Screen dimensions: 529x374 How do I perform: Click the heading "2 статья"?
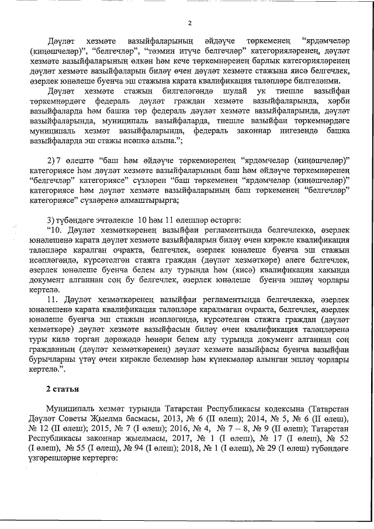[65, 389]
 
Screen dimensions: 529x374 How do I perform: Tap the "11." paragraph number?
[54, 299]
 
